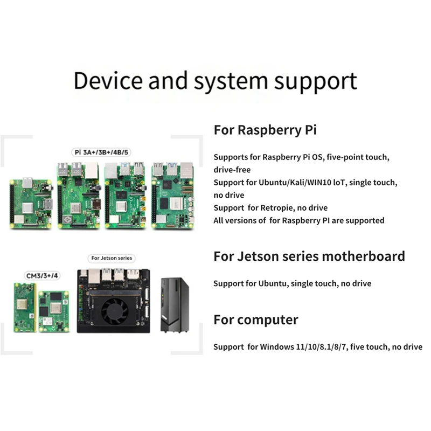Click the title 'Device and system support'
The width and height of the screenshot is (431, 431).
click(x=215, y=81)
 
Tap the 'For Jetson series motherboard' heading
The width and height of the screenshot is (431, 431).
click(x=309, y=256)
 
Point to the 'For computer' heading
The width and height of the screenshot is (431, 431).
click(x=255, y=319)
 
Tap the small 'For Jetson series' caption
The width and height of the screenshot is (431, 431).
click(x=112, y=258)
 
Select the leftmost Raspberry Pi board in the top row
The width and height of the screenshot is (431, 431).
click(x=31, y=200)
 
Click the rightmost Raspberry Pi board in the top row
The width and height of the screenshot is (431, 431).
click(x=174, y=196)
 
